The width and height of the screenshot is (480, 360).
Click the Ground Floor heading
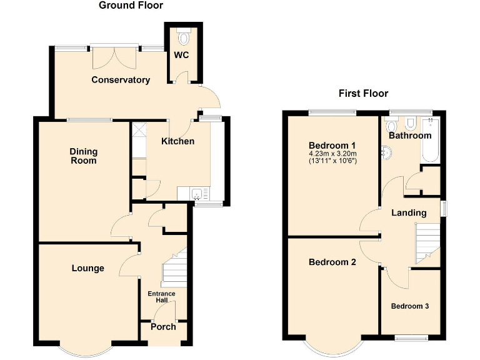pos(131,6)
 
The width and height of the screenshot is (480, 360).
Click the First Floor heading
pos(363,94)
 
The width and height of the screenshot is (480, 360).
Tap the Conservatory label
pos(121,80)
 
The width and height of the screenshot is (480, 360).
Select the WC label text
pos(181,55)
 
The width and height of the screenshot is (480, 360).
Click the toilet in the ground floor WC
pos(183,37)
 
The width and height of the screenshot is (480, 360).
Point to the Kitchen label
pos(177,141)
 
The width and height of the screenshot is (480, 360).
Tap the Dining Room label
pos(83,156)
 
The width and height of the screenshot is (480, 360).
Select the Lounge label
pos(87,268)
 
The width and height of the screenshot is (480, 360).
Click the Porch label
pos(163,327)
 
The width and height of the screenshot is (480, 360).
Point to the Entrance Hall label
pos(161,297)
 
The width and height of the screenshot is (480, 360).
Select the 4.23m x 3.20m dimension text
pos(332,154)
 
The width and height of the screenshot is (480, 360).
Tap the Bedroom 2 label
pos(332,262)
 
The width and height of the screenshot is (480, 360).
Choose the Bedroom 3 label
pos(410,306)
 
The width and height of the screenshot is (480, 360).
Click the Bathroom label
pos(410,136)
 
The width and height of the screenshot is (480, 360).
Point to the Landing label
pos(409,213)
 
